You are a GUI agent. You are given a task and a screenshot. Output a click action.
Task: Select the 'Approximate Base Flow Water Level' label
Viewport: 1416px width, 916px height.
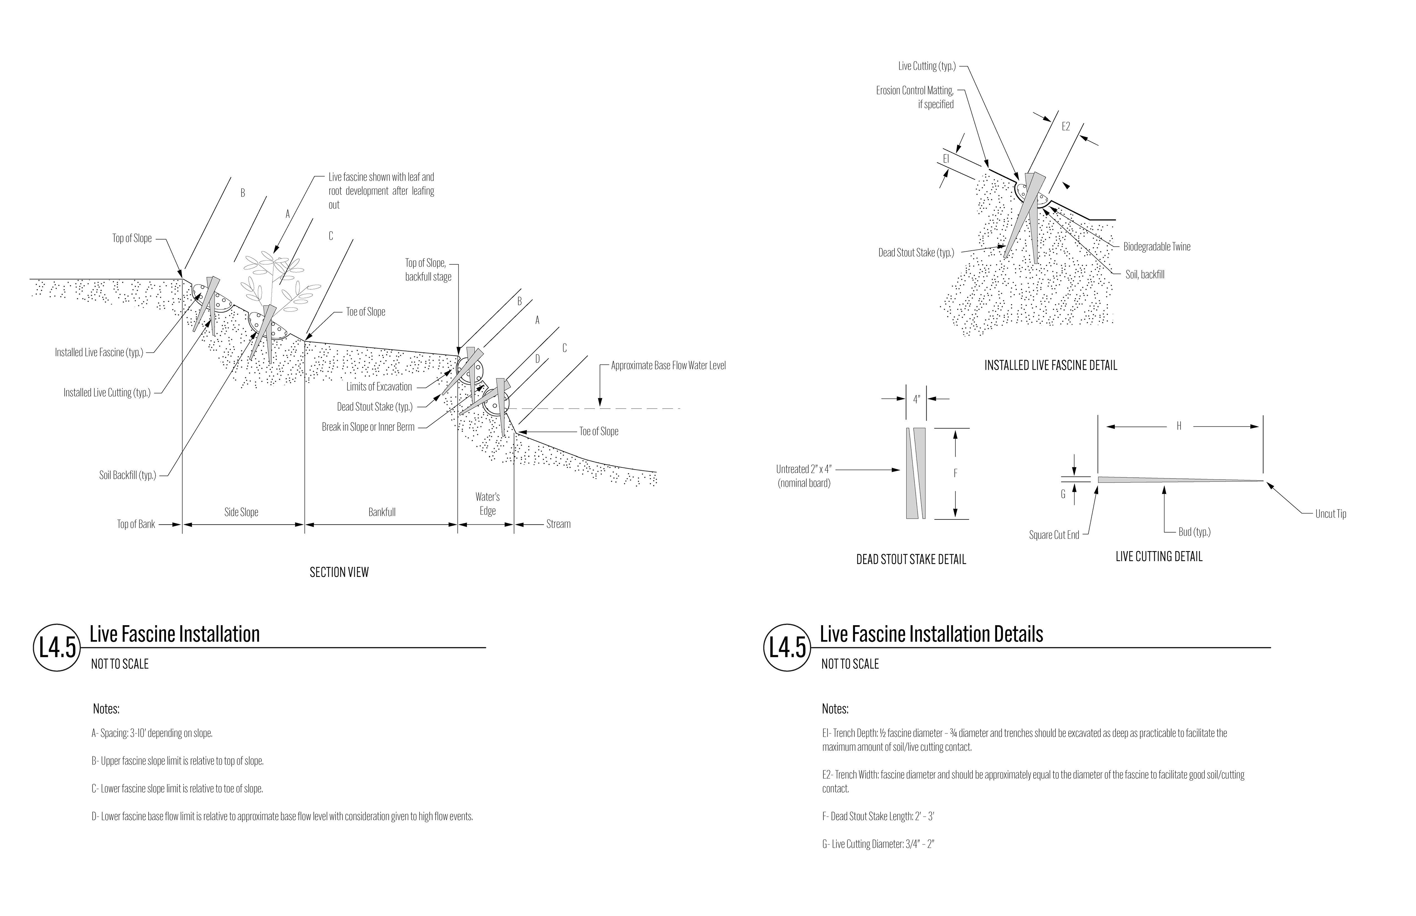[x=668, y=366]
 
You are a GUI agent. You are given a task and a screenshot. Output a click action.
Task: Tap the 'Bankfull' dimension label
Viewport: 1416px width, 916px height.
[x=381, y=512]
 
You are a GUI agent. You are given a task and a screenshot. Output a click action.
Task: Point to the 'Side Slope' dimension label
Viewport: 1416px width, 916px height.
[x=241, y=512]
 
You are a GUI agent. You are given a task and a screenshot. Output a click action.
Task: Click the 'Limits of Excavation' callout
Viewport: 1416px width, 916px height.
[x=379, y=387]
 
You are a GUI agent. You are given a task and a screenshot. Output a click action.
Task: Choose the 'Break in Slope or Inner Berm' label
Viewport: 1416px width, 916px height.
[x=368, y=427]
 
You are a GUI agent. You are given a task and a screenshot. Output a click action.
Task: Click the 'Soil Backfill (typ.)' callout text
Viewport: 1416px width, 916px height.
[x=127, y=475]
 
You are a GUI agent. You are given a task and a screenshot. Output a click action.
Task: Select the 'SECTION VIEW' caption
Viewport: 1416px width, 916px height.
[x=339, y=572]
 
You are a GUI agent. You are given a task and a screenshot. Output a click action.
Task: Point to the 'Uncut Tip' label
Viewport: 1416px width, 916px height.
[x=1330, y=514]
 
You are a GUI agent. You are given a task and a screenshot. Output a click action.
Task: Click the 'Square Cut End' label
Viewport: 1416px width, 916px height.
[x=1054, y=535]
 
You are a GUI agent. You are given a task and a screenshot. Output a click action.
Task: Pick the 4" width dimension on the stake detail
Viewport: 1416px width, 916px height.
[x=916, y=400]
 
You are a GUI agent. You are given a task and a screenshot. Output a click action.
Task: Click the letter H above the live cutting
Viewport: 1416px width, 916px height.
[x=1179, y=426]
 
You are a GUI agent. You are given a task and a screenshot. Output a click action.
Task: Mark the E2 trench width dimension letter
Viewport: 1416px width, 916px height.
[x=1066, y=127]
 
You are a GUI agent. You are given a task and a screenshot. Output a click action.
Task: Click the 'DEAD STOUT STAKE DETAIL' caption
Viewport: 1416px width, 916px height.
[x=911, y=560]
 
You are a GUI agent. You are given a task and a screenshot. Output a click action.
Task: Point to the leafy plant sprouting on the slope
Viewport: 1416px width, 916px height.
[x=278, y=279]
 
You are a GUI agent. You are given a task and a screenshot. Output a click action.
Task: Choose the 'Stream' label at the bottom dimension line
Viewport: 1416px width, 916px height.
[x=558, y=524]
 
